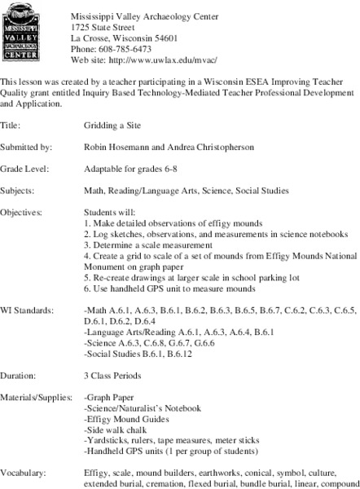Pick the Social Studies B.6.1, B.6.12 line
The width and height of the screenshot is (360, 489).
(x=136, y=355)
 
